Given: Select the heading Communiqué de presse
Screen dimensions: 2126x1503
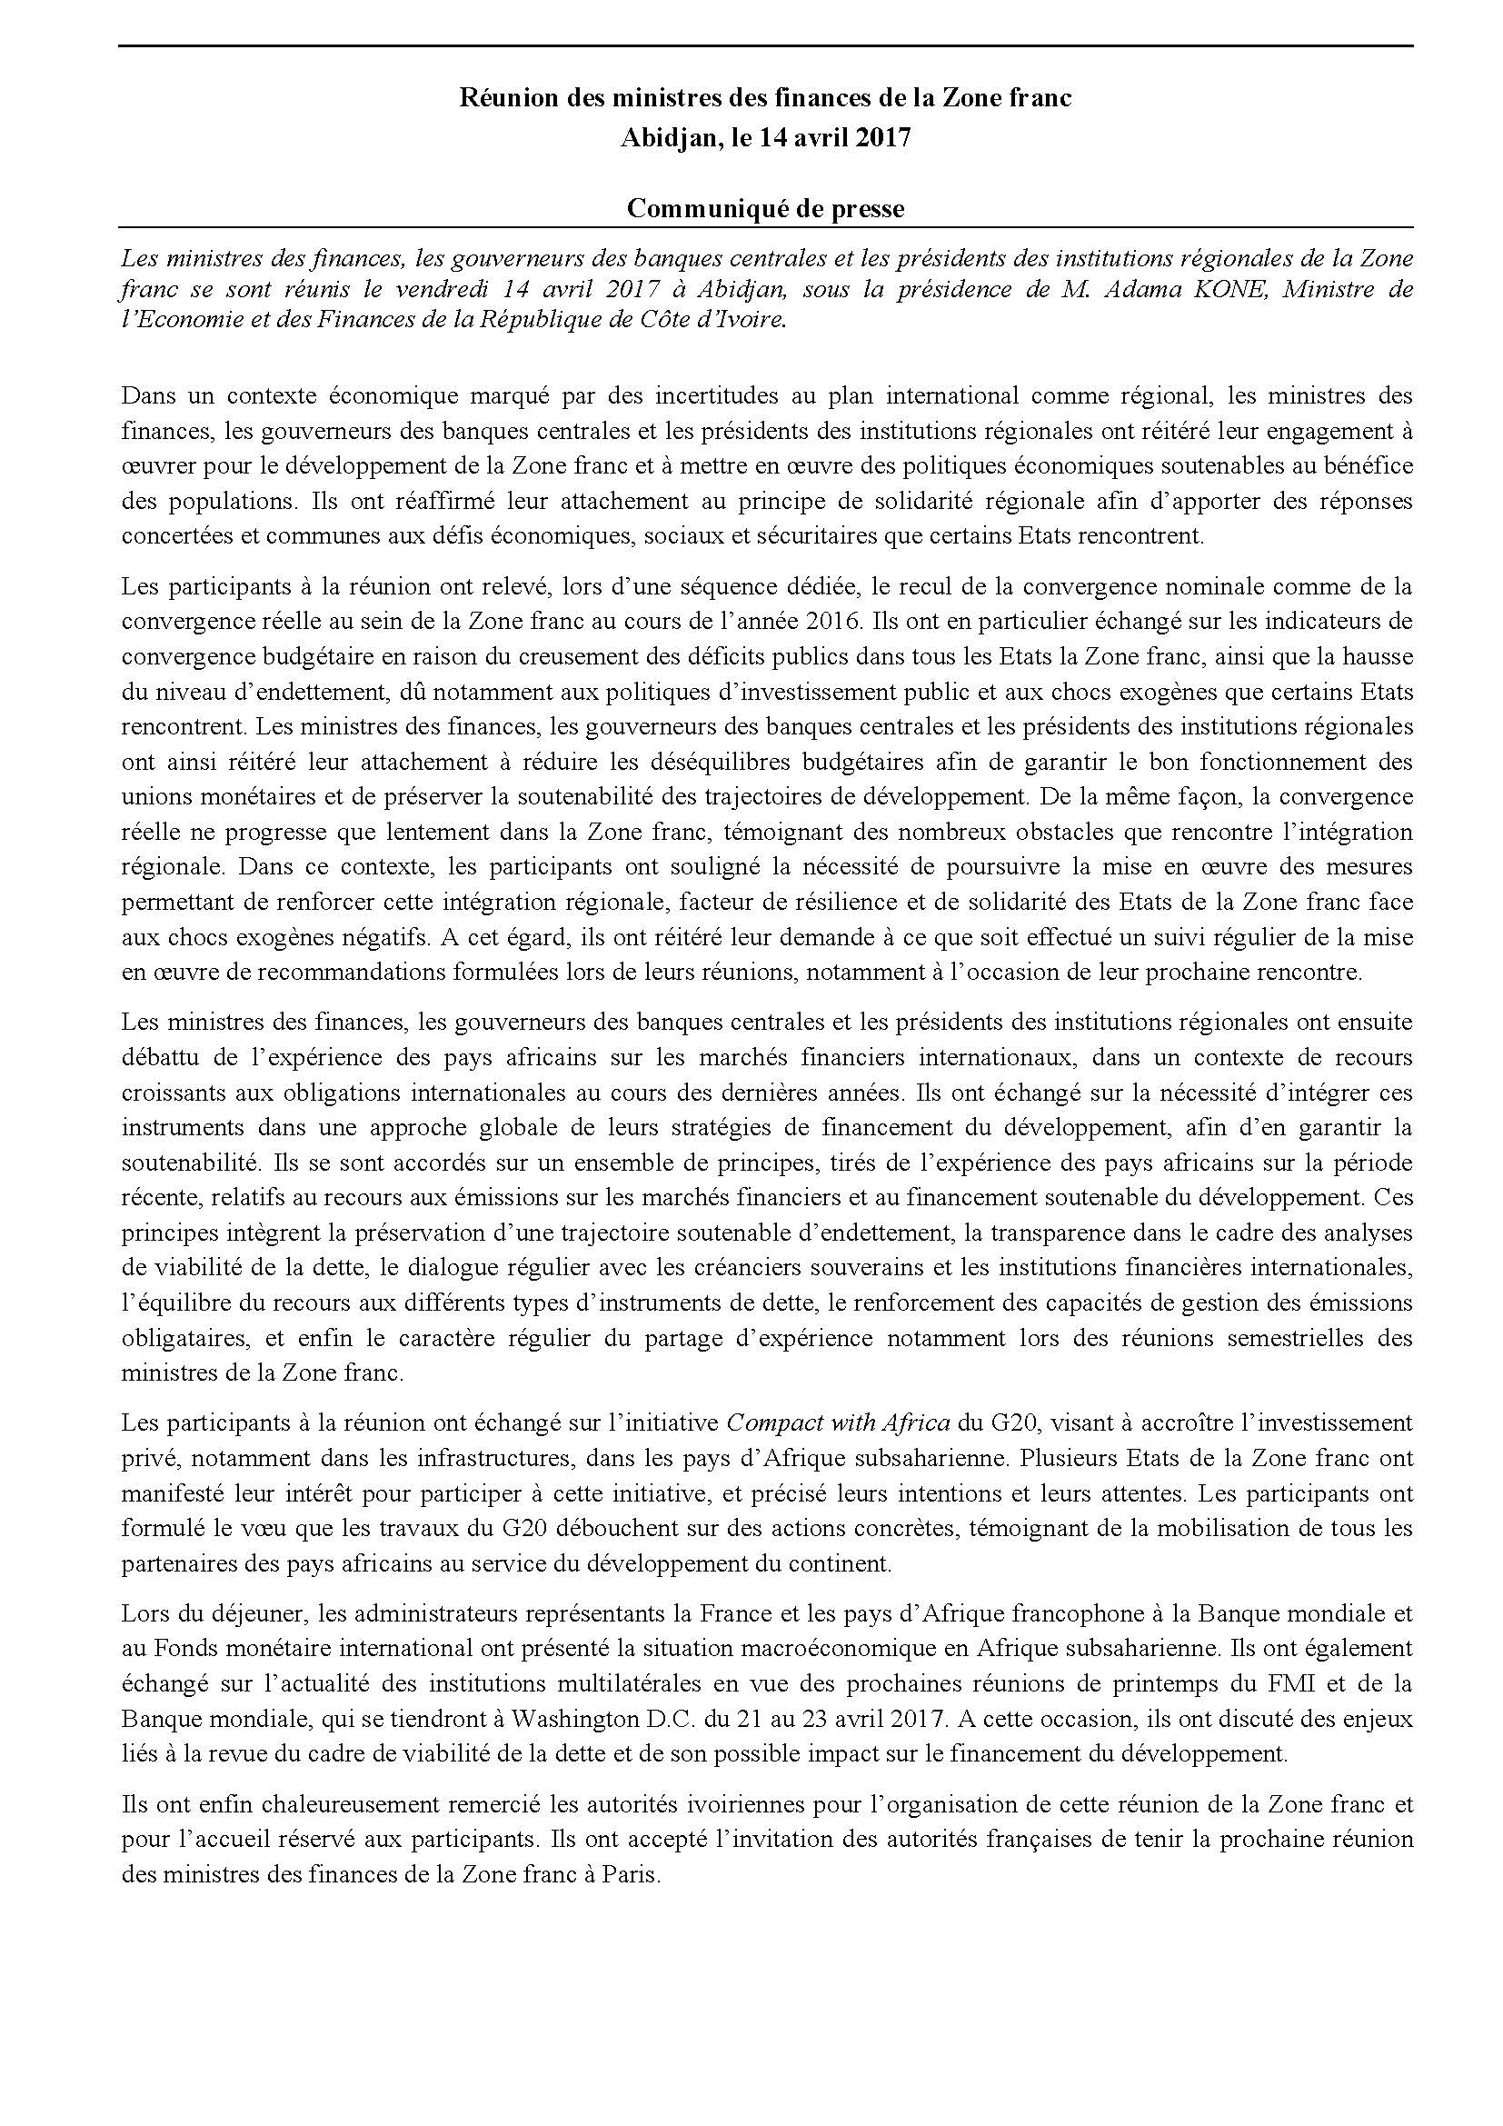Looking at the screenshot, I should (x=765, y=208).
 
